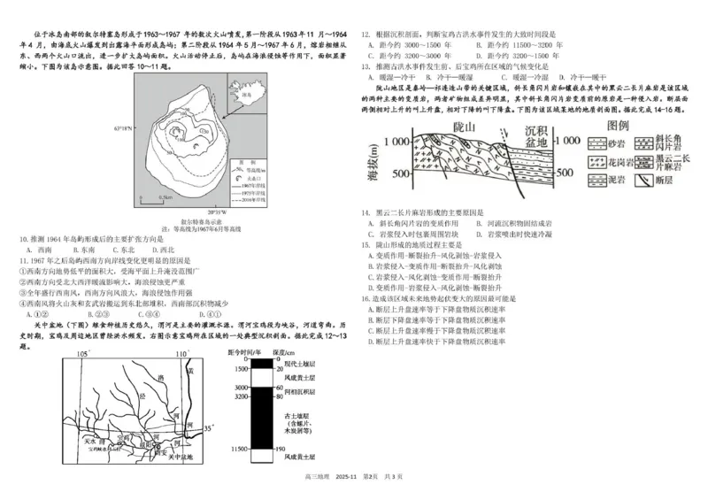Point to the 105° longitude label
tap(83, 353)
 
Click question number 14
tap(366, 212)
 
